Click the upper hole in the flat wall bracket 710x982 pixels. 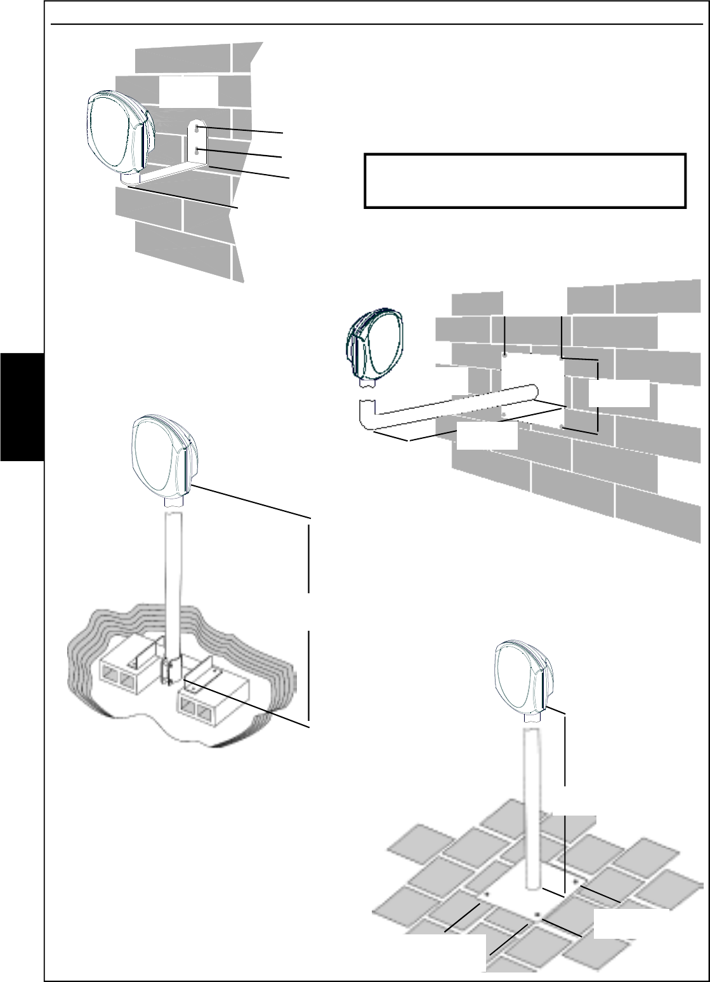[x=199, y=130]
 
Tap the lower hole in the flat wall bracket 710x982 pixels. [x=199, y=151]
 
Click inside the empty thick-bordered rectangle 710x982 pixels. [x=525, y=180]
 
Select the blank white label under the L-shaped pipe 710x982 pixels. [x=487, y=438]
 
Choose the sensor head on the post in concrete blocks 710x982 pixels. [x=161, y=455]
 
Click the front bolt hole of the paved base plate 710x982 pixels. [x=538, y=915]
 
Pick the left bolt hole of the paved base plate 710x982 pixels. [x=487, y=894]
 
